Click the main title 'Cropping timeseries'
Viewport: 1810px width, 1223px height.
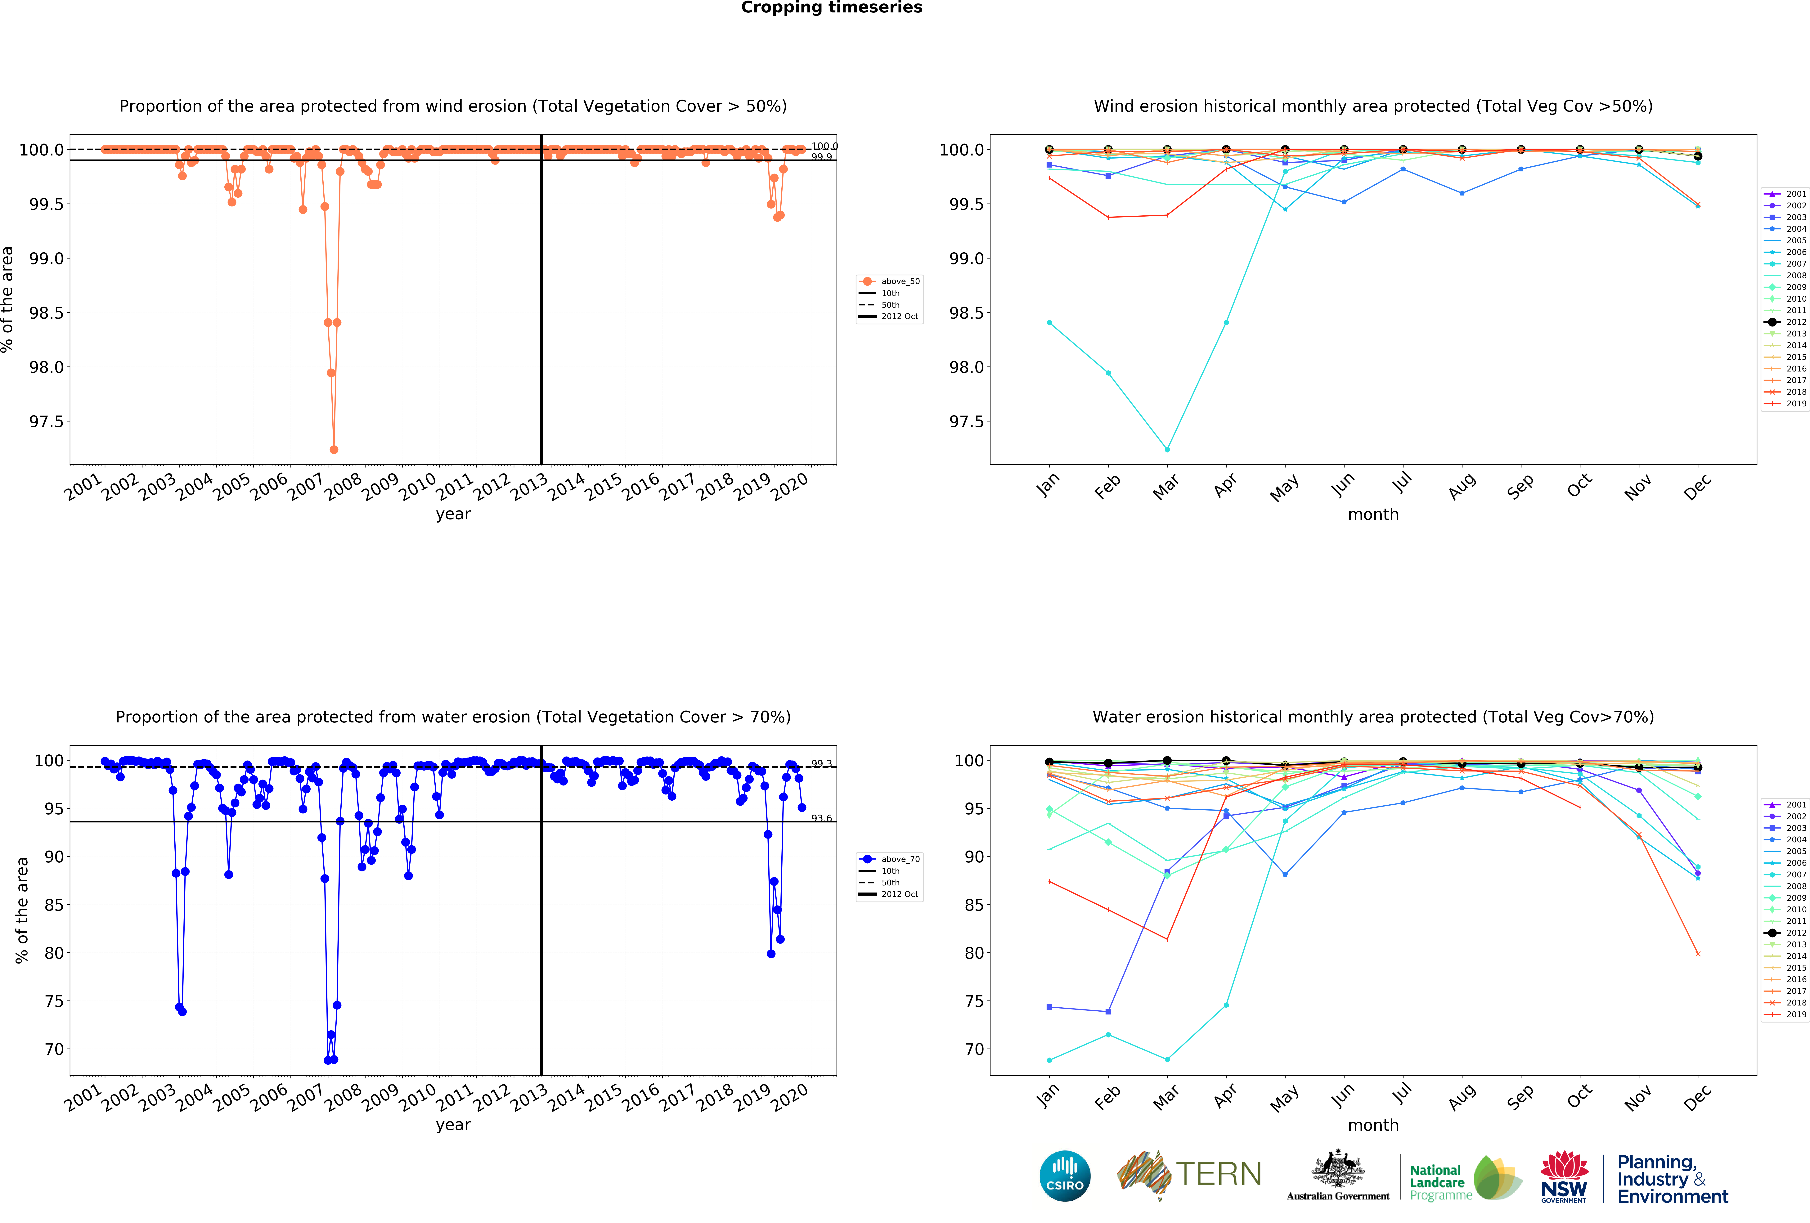point(831,8)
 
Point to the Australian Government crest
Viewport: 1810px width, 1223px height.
point(1337,1168)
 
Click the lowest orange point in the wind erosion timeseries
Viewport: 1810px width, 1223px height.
point(334,449)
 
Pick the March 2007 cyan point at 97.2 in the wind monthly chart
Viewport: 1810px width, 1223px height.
point(1167,449)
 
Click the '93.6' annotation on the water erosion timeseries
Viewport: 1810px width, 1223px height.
point(822,818)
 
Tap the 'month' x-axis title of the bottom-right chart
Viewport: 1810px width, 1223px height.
point(1373,1125)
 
